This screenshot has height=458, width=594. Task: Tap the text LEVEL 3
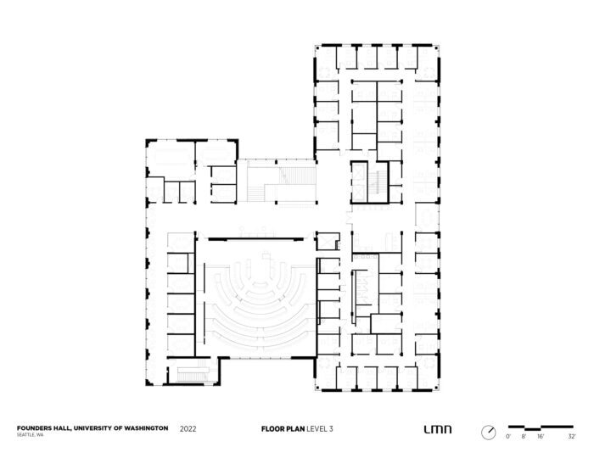pos(319,429)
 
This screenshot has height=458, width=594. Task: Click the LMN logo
pos(437,430)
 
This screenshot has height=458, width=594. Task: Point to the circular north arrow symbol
pos(488,432)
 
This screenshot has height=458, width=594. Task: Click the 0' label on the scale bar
pos(507,435)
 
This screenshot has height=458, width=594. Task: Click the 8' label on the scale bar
pos(524,435)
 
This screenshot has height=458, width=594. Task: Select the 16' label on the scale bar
pos(541,435)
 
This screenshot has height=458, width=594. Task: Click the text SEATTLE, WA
pos(31,435)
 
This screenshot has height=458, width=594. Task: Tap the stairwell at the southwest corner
pos(191,371)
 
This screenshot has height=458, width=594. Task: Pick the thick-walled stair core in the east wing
pos(370,182)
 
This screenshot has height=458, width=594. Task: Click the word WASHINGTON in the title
pos(143,428)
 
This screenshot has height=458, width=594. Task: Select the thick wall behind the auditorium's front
pos(255,239)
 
